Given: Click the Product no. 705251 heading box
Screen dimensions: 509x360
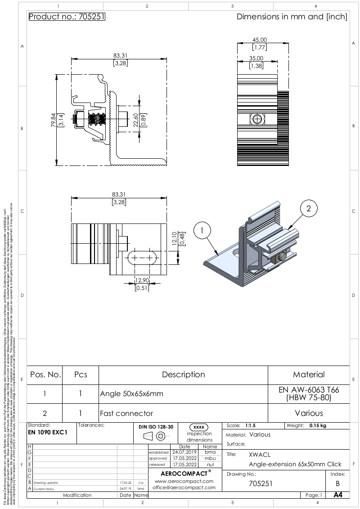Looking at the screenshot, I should (x=67, y=17).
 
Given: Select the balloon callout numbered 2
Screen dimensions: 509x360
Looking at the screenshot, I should (x=309, y=209).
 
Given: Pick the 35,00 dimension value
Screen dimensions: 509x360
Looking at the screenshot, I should (x=257, y=58).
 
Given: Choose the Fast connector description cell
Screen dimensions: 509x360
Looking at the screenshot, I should (x=126, y=413).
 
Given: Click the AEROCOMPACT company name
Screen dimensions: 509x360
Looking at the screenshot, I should (x=183, y=473).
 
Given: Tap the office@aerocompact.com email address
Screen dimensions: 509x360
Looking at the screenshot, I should (x=183, y=487).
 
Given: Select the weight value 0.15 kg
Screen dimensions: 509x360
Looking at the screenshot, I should (x=317, y=425).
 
